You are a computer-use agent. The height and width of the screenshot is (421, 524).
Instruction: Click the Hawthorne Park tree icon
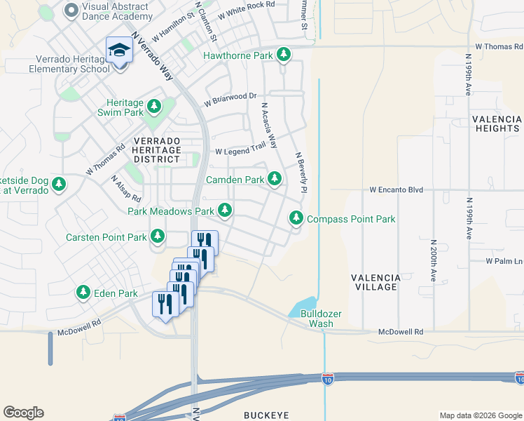point(283,55)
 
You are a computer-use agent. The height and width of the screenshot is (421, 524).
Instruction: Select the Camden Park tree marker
point(275,180)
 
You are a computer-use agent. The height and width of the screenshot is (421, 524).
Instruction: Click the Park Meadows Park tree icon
point(225,210)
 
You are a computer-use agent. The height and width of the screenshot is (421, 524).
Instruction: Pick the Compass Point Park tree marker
point(296,219)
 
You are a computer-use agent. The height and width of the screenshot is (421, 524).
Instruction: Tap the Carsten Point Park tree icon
point(158,237)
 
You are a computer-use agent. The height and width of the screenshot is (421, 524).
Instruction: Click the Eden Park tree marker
point(83,292)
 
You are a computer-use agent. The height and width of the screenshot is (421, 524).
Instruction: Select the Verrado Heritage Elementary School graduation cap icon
point(119,51)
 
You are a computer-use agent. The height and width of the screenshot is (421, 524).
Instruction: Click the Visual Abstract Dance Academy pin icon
point(71,10)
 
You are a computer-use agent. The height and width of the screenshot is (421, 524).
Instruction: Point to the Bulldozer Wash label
point(317,319)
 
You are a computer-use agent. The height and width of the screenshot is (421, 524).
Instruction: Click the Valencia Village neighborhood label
point(376,283)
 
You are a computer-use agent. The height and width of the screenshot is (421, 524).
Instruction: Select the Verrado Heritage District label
point(157,150)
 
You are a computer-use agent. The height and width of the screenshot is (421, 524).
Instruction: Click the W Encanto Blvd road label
point(397,189)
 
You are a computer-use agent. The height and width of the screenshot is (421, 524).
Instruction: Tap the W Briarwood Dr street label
point(230,100)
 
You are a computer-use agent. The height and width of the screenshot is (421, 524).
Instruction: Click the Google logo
point(23,413)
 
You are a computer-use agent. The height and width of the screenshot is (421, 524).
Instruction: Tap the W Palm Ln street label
point(504,261)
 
